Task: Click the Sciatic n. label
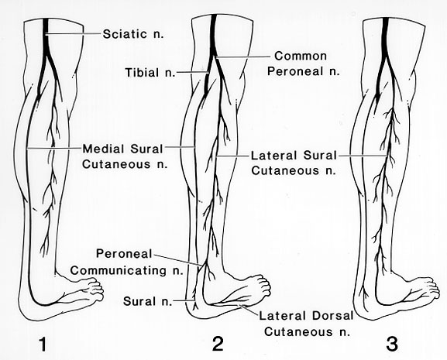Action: click(133, 34)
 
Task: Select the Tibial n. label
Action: click(150, 72)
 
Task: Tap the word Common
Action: click(301, 56)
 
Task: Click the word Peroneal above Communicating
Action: click(124, 253)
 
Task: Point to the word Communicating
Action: click(119, 270)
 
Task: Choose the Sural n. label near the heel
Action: click(148, 301)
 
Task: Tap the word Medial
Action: click(103, 149)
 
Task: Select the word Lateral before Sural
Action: click(273, 156)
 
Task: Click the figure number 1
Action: click(43, 344)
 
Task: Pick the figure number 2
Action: click(218, 344)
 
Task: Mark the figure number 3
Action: click(392, 344)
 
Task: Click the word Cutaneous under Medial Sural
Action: click(116, 165)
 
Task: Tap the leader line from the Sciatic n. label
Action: click(74, 34)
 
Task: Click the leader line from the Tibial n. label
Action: click(193, 72)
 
